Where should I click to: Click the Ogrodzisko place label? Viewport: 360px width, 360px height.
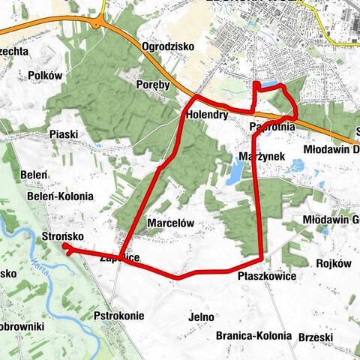[x=167, y=46]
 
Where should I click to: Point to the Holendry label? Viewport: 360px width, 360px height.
[x=207, y=115]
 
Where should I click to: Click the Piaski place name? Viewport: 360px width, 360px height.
[x=64, y=134]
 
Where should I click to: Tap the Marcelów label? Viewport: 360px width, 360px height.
[x=171, y=223]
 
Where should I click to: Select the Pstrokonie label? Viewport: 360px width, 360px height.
[x=119, y=316]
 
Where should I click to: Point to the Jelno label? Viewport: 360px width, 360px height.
[x=202, y=317]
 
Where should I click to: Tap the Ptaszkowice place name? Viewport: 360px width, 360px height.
[x=266, y=277]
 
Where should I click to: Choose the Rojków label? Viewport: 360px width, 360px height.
[x=334, y=263]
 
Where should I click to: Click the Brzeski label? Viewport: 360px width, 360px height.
[x=315, y=337]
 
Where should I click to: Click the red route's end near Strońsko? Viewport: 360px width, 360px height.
[x=66, y=246]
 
